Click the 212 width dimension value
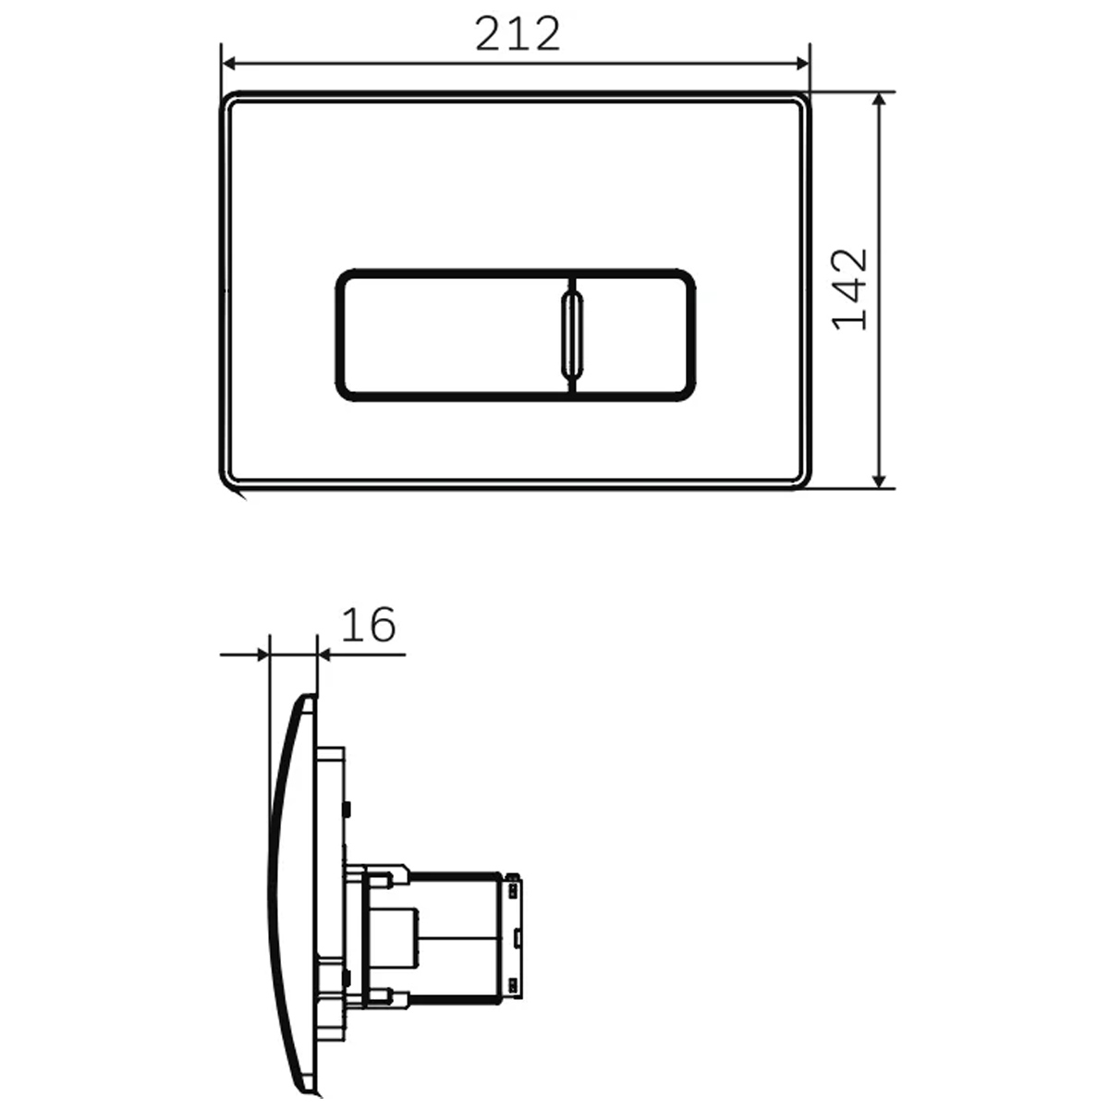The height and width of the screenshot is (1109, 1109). point(517,34)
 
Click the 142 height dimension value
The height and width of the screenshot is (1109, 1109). point(849,289)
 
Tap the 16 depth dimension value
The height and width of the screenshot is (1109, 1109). point(369,625)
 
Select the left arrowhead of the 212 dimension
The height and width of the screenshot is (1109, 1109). point(229,64)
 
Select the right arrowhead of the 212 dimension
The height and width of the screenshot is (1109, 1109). point(801,64)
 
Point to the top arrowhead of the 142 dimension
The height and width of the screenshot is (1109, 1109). point(878,102)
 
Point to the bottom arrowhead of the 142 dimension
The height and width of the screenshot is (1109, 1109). point(878,480)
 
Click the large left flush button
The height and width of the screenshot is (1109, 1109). point(455,335)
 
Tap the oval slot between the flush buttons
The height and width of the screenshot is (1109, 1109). point(572,335)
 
